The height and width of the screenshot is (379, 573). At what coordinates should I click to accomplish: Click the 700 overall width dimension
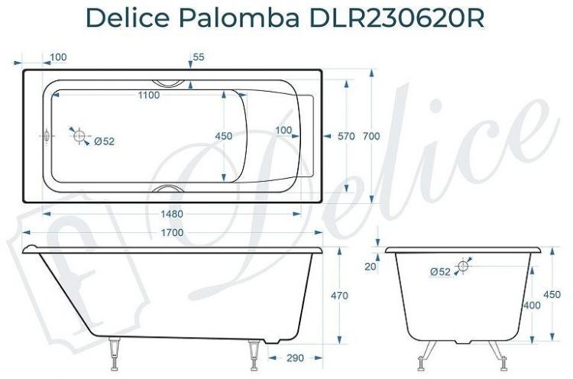371,136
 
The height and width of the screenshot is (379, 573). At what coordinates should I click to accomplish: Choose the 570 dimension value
346,136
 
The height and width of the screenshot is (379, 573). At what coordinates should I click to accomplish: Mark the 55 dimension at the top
199,57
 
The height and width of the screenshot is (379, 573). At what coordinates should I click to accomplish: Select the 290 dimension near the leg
296,358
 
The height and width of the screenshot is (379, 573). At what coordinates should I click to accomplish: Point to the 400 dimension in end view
532,305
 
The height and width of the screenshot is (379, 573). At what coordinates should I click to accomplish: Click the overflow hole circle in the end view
463,266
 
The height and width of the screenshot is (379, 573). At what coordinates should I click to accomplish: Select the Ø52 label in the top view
104,141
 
